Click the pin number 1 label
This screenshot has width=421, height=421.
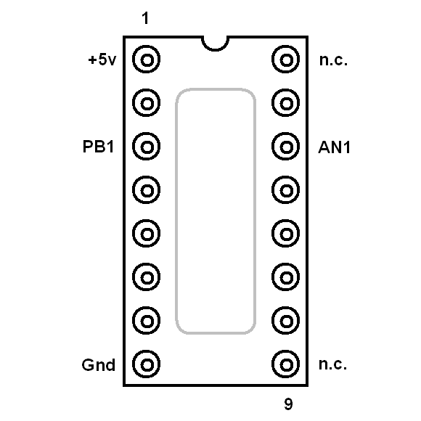pos(145,18)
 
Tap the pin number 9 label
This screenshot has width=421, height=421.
pos(288,404)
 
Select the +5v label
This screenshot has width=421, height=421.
pos(102,60)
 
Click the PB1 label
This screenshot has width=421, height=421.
pos(98,147)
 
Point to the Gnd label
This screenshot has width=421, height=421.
pos(98,365)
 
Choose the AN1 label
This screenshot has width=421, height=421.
pos(335,147)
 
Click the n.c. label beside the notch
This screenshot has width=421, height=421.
pos(333,60)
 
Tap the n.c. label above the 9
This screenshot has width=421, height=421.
pos(332,364)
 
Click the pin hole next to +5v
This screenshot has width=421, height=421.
pos(147,59)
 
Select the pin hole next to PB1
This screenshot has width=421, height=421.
pos(147,147)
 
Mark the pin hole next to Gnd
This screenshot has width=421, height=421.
pos(147,364)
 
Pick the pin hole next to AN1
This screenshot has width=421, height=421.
pos(286,147)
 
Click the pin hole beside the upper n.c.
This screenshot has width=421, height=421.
pos(286,59)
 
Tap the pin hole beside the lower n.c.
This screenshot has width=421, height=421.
pos(286,364)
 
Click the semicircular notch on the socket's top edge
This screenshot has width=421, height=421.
pos(215,49)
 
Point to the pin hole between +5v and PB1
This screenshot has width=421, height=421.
pos(147,102)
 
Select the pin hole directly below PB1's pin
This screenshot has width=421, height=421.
pos(147,190)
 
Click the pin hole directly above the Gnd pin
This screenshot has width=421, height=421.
pos(147,320)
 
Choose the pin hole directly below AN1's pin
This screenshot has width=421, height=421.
pos(286,190)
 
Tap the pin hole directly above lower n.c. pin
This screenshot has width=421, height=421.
pos(286,320)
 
